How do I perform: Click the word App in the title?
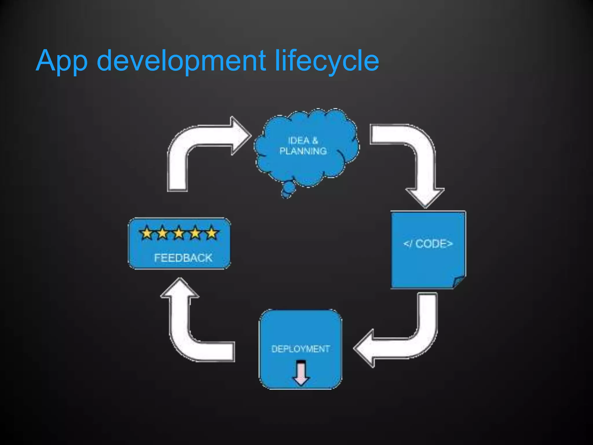tap(61, 61)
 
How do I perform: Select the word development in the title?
tap(181, 61)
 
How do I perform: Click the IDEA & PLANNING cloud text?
tap(303, 146)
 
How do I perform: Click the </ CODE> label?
tap(428, 244)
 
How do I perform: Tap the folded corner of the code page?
tap(459, 282)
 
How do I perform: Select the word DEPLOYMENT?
tap(301, 349)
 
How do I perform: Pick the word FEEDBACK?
tap(183, 258)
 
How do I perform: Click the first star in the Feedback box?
tap(147, 233)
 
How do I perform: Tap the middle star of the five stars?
tap(179, 233)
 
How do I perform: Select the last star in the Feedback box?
tap(212, 233)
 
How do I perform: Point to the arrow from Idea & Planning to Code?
tap(417, 156)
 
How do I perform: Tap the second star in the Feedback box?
tap(163, 233)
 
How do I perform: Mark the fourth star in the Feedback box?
tap(195, 233)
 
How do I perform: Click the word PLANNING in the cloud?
tap(303, 151)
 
